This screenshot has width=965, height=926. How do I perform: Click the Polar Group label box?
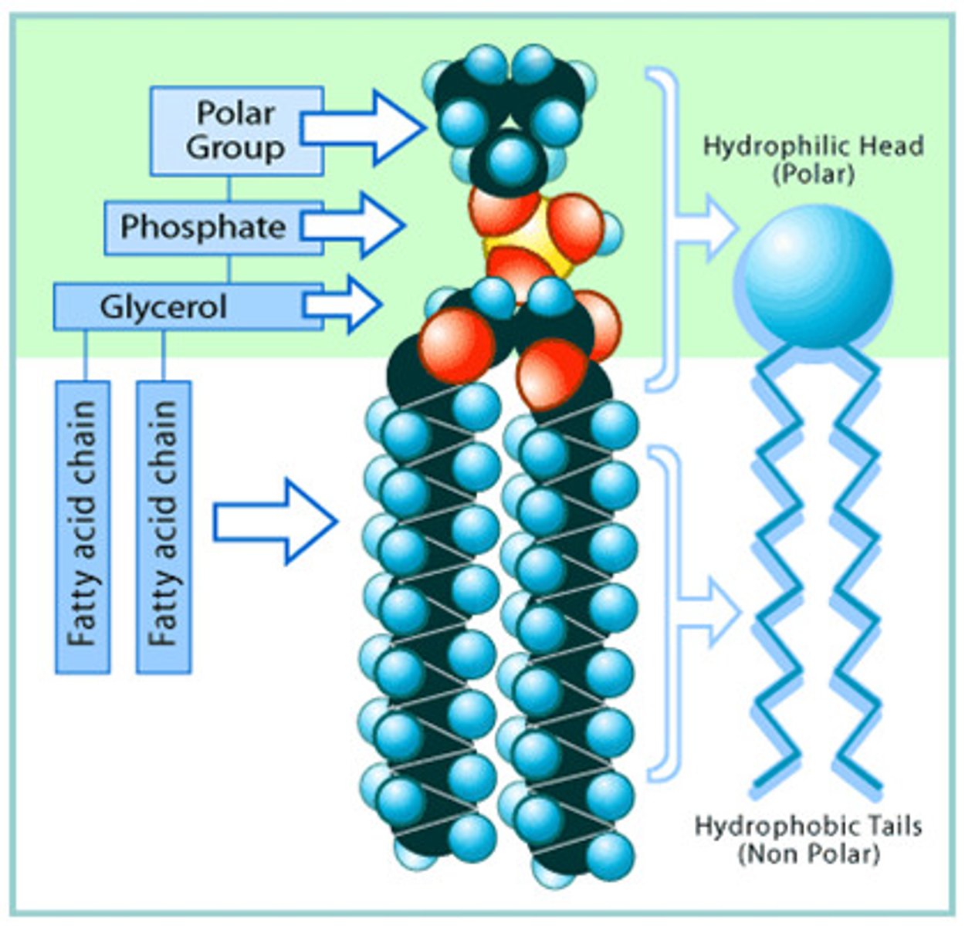tap(235, 130)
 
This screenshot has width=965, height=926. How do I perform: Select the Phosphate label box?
tap(203, 227)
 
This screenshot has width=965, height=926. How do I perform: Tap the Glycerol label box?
tap(164, 306)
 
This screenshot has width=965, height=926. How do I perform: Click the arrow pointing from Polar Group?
tap(363, 127)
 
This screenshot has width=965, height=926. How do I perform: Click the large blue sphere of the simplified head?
tap(816, 277)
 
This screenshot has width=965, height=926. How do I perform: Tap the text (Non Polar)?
tap(808, 854)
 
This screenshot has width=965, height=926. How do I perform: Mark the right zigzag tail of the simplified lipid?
tap(857, 571)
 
